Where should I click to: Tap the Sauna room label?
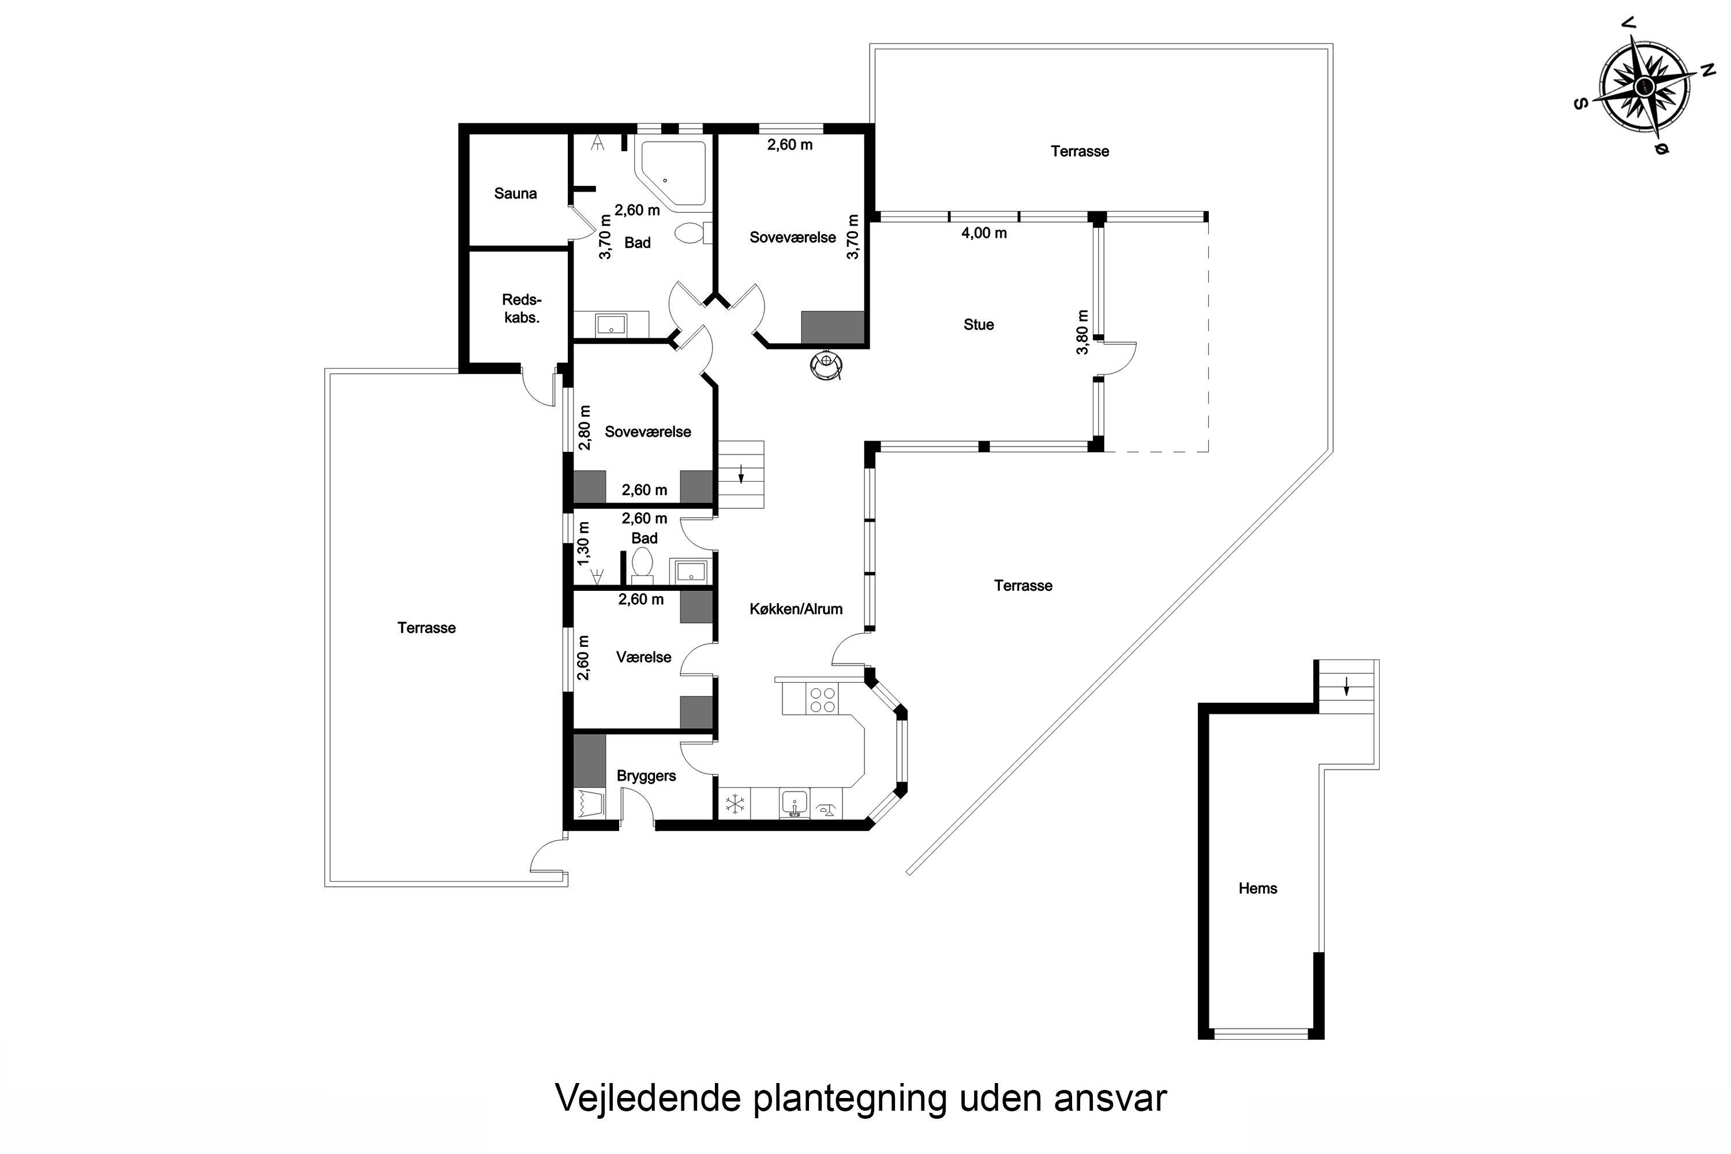click(x=515, y=193)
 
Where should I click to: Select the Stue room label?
click(x=979, y=324)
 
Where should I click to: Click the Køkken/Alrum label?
click(x=796, y=609)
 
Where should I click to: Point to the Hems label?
click(x=1258, y=889)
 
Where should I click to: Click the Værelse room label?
click(x=644, y=657)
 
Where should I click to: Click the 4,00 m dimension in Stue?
click(x=984, y=233)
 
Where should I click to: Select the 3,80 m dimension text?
click(x=1082, y=332)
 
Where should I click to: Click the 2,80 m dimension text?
click(x=585, y=427)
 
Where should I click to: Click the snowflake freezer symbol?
click(x=735, y=804)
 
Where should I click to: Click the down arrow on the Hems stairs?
click(x=1347, y=687)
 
